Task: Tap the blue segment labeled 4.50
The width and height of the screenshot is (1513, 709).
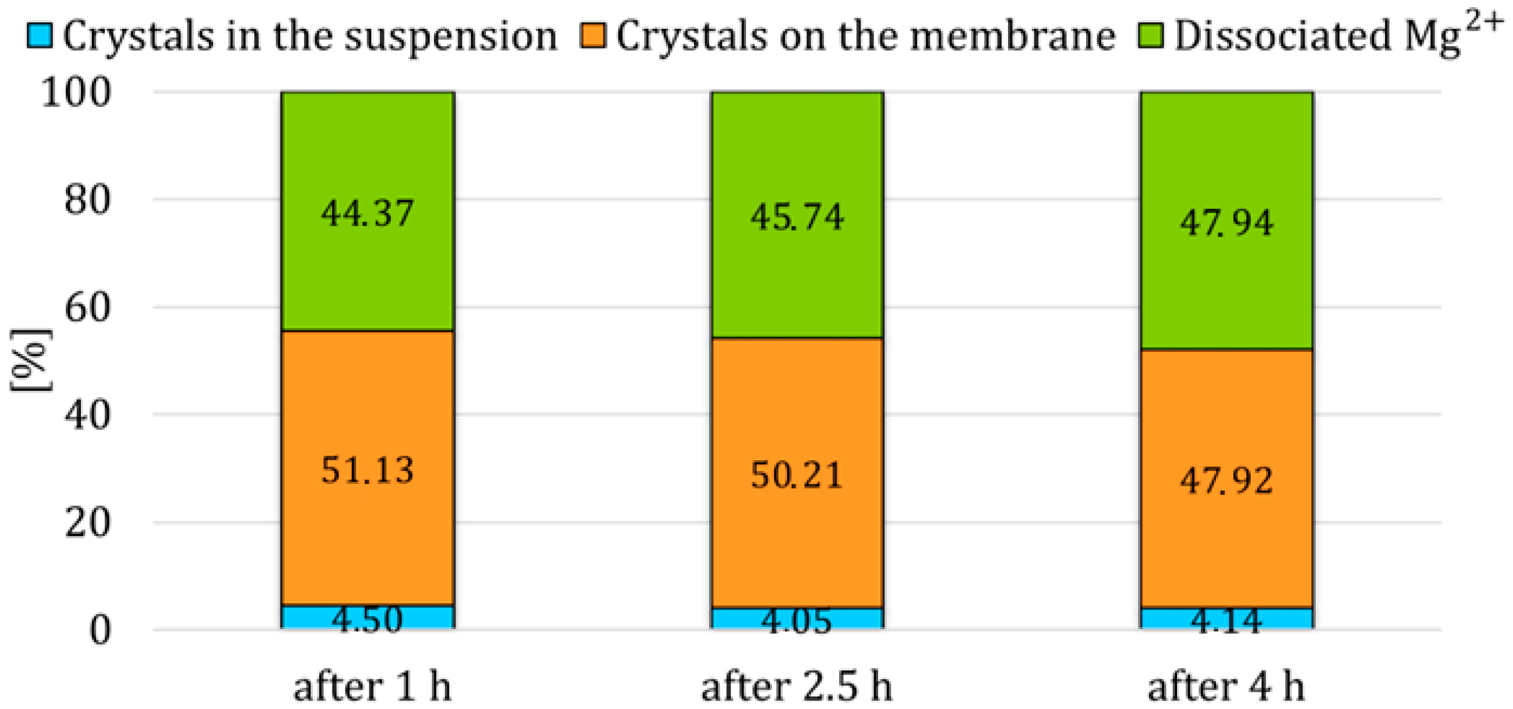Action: (x=368, y=617)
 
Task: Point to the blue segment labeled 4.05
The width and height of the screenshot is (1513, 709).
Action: (x=797, y=618)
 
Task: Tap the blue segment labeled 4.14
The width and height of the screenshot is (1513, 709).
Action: (x=1226, y=618)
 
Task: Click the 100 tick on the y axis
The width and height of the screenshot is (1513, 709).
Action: (x=76, y=93)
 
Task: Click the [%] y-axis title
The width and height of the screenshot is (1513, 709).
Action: (x=30, y=360)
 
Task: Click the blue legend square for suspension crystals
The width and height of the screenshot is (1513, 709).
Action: (x=40, y=35)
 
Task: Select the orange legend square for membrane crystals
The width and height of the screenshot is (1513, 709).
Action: (x=593, y=35)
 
